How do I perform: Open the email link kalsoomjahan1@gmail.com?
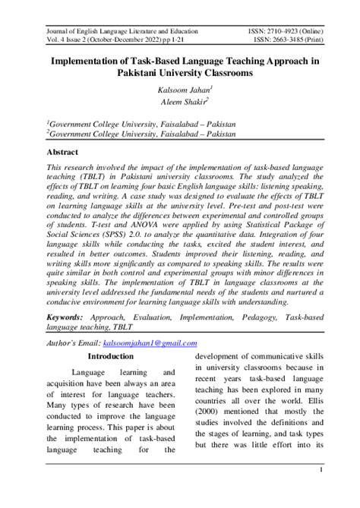click(x=156, y=343)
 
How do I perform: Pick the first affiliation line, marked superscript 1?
click(x=141, y=121)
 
